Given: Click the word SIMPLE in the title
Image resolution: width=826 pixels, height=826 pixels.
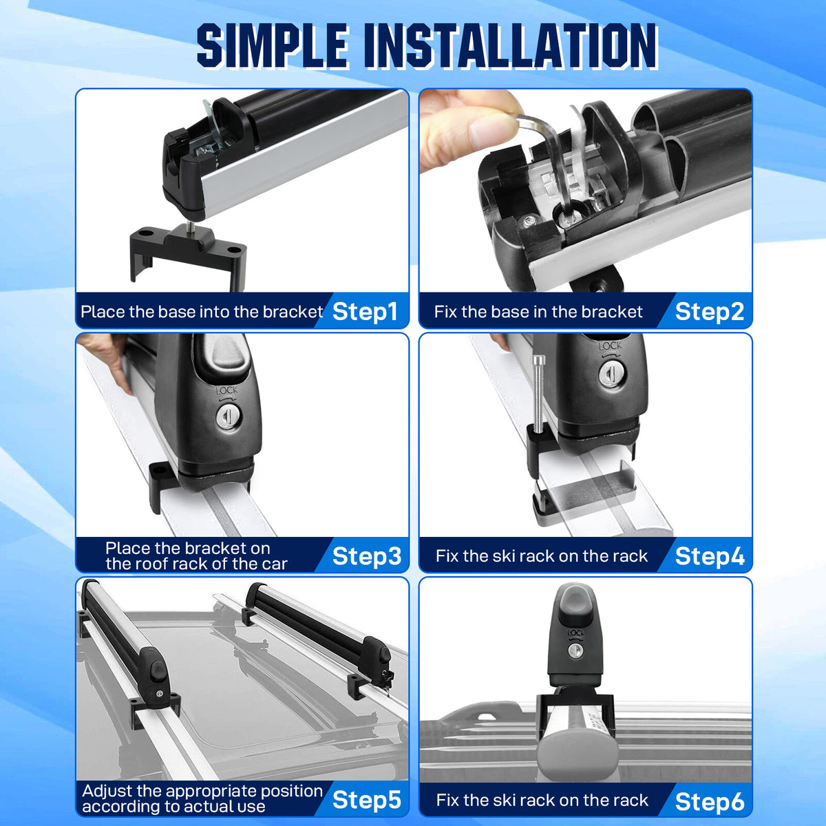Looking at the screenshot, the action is [272, 46].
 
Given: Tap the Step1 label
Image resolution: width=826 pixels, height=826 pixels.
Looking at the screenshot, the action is [365, 312].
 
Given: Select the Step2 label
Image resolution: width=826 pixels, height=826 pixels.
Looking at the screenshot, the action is [710, 312].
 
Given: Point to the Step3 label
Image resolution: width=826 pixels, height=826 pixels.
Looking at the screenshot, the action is [367, 556].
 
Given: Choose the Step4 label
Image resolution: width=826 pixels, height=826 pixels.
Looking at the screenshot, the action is [710, 556].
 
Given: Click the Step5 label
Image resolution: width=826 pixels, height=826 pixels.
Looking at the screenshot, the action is [366, 800].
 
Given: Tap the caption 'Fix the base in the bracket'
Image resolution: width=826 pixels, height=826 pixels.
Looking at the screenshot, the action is [538, 312].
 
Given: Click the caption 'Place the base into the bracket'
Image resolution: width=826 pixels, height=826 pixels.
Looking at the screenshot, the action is [202, 312].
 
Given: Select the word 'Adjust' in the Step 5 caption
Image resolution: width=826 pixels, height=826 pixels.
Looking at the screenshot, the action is [109, 792].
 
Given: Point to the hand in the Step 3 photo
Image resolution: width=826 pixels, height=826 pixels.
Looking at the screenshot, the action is [105, 360].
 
